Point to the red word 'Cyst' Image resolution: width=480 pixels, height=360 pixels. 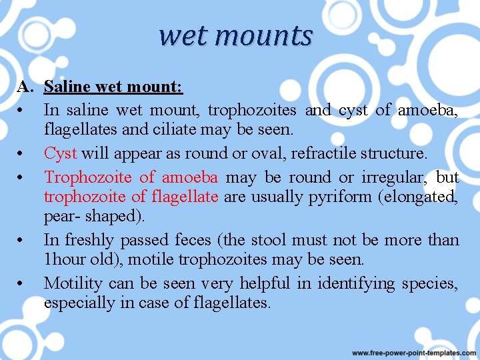[60, 153]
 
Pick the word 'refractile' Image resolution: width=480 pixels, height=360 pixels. [325, 153]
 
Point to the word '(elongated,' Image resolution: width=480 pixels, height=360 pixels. [423, 197]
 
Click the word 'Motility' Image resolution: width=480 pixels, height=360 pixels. [73, 283]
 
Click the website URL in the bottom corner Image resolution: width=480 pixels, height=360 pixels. [413, 352]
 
